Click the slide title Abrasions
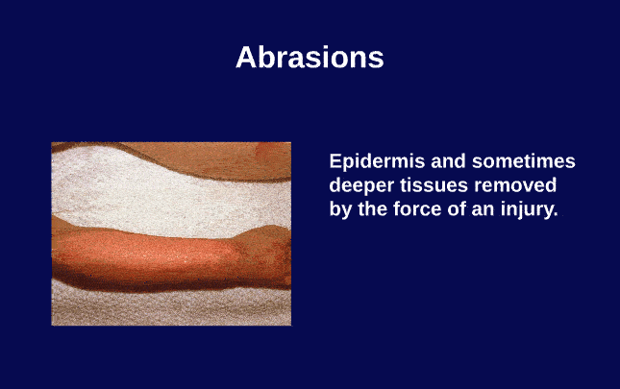tap(310, 57)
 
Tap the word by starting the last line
tap(341, 208)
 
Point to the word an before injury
tap(493, 208)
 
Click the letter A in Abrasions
tap(246, 57)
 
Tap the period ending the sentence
tap(555, 213)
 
